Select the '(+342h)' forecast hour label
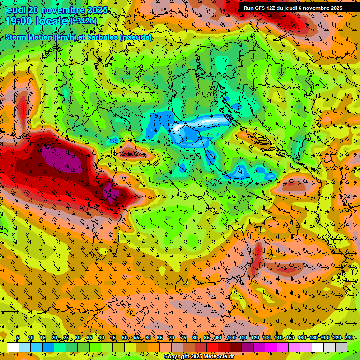point(83,21)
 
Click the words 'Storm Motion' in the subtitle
point(29,37)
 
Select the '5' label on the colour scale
point(18,338)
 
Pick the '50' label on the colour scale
point(125,338)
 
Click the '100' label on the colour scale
point(231,338)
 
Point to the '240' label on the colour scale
point(349,338)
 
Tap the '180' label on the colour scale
point(314,338)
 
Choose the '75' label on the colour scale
point(183,338)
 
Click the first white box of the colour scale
point(13,347)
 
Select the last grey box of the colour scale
point(341,347)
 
